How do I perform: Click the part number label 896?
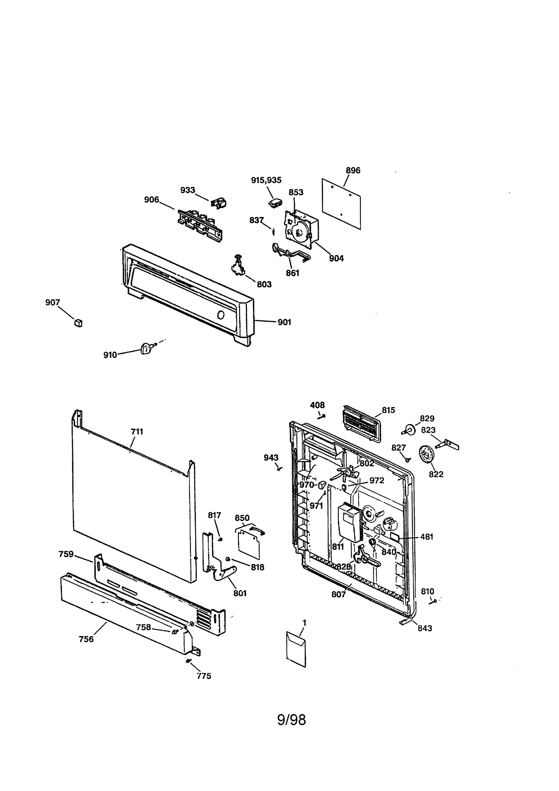353,170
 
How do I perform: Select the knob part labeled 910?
146,348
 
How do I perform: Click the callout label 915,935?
266,180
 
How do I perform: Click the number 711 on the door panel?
137,432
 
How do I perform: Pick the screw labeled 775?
189,660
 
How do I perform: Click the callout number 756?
86,639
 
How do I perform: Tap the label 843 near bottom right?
425,628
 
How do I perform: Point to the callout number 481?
427,537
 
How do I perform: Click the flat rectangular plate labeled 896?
341,203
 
